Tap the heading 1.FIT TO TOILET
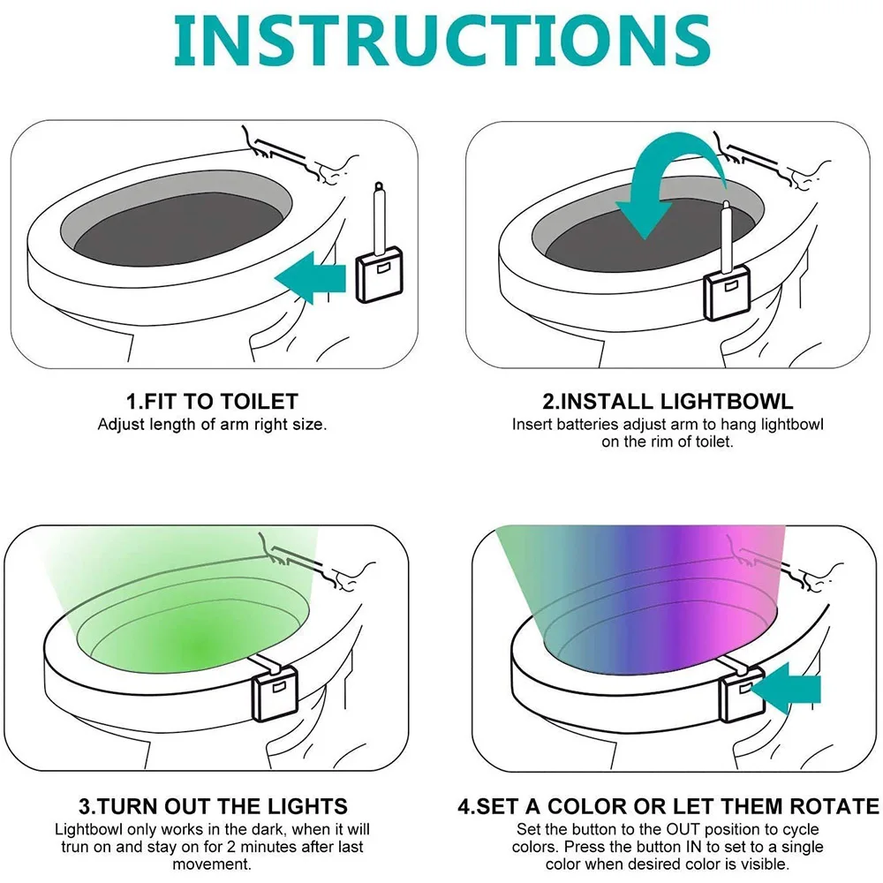coord(212,402)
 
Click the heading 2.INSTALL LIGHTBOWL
coord(668,402)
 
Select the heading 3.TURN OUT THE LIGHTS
coord(212,806)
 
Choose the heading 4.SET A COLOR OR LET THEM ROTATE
coord(668,806)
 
